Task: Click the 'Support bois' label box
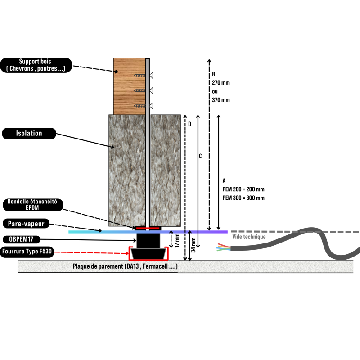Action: tap(36, 65)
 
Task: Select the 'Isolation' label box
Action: tap(29, 133)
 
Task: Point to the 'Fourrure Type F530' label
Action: tap(27, 252)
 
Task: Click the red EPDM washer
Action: tap(148, 228)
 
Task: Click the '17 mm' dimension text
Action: tap(178, 240)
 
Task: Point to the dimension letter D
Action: tap(189, 124)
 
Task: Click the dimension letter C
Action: tap(200, 156)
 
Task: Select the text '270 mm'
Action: tap(220, 83)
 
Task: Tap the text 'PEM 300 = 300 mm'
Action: tap(243, 198)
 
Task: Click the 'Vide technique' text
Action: tap(249, 237)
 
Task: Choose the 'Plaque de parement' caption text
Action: tap(125, 266)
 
